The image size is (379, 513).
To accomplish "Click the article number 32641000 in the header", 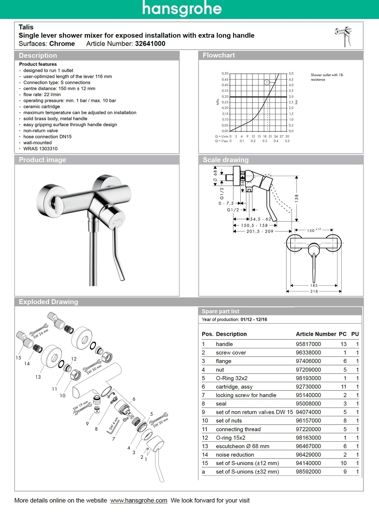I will (150, 44).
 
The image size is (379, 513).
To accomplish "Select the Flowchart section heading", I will (219, 55).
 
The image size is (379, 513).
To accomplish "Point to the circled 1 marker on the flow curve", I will (266, 82).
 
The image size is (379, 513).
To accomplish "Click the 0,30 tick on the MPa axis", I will (225, 97).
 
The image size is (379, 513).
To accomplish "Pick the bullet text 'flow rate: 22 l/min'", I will (42, 94).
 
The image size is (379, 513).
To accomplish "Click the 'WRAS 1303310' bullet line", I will (40, 149).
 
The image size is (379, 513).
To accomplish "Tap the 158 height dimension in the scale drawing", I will (297, 198).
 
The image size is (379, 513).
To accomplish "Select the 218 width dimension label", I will (314, 291).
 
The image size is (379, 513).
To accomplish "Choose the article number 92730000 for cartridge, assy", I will (308, 387).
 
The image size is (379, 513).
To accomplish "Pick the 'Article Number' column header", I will (316, 334).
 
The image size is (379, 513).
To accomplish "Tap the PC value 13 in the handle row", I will (343, 344).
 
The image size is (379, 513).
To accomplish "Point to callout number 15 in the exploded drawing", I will (18, 358).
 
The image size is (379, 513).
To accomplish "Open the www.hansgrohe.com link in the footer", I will (139, 500).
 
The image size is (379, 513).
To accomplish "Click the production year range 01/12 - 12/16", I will (254, 319).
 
